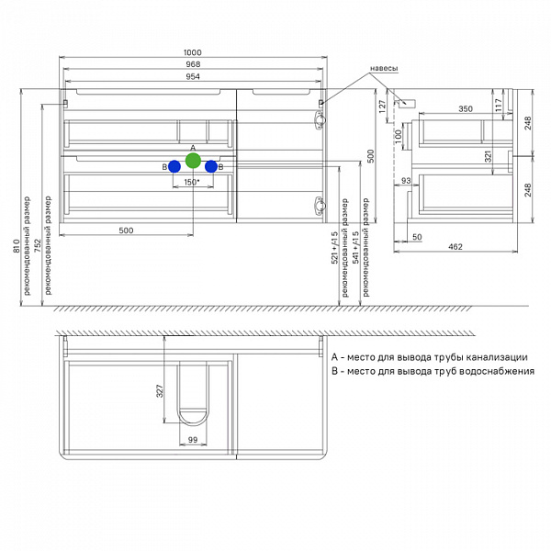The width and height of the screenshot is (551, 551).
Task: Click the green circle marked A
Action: point(193,162)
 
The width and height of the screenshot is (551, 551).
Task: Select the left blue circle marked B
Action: point(174,166)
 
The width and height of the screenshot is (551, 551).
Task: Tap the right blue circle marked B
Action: point(211,166)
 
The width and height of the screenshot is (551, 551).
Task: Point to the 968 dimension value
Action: point(193,64)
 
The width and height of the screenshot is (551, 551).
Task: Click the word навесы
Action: point(383,69)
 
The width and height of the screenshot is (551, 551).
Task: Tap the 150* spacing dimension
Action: point(192,182)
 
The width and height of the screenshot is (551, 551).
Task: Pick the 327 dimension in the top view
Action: point(159,391)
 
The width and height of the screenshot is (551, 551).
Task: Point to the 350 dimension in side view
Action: point(465,109)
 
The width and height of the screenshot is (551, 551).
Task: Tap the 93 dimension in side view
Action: point(405,180)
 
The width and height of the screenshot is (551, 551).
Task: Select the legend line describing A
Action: point(429,356)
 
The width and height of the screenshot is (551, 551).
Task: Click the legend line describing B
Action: point(433,371)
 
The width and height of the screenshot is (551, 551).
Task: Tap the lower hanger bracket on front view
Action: point(320,205)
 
